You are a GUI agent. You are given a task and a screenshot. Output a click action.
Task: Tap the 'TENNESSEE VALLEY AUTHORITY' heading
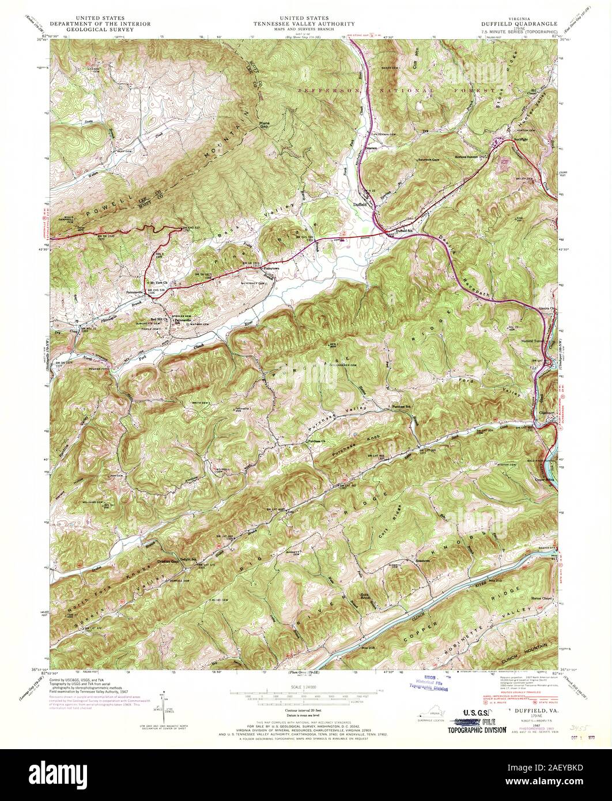coord(306,24)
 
